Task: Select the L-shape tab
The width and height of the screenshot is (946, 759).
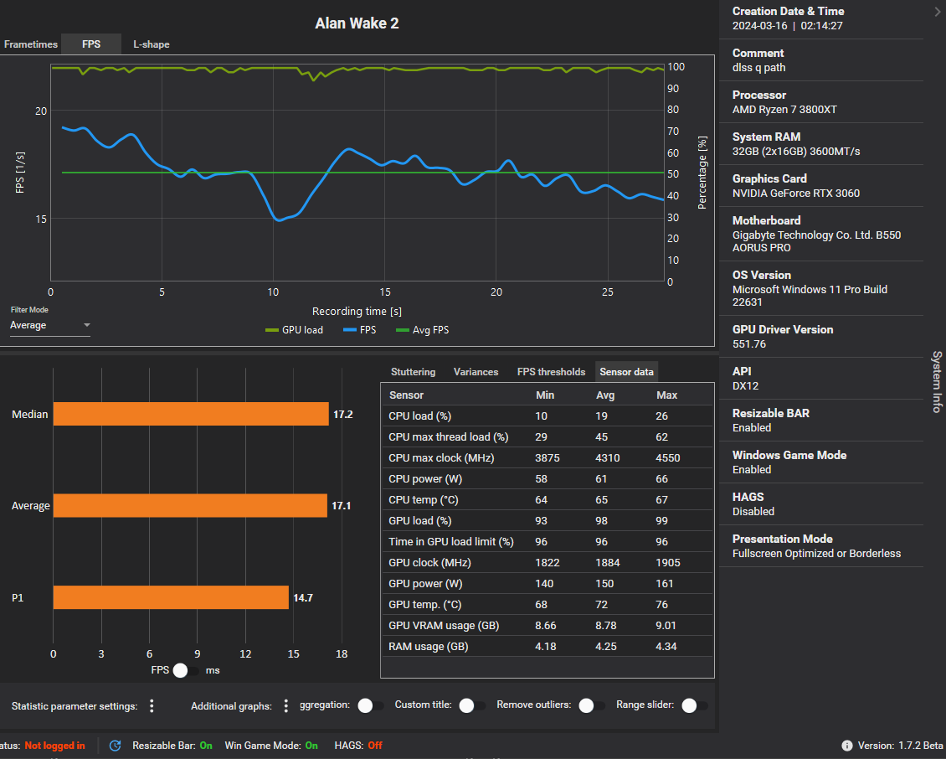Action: point(151,44)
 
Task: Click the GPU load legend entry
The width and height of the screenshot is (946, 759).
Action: point(294,330)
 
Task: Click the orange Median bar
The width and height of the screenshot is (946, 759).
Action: point(191,414)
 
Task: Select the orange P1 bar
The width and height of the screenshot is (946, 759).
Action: point(171,597)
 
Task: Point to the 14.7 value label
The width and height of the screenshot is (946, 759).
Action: point(302,598)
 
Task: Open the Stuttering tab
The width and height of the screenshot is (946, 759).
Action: point(413,372)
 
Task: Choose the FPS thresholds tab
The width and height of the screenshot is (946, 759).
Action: point(551,372)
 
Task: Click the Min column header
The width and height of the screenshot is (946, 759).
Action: point(544,395)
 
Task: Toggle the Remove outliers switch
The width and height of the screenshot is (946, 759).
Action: point(592,705)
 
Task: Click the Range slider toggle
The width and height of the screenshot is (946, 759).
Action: point(694,705)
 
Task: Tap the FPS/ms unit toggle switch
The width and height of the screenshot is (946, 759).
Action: point(186,670)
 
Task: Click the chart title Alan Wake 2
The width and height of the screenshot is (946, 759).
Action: point(357,23)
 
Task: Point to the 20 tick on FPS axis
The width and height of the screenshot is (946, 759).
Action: point(41,111)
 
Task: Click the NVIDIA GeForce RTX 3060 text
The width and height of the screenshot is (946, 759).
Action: point(795,194)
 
